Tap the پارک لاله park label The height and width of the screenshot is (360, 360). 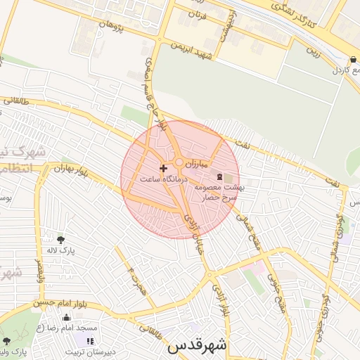coord(62,250)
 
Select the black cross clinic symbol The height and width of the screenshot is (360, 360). coord(164,168)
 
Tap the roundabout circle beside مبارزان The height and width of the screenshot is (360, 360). coord(179,164)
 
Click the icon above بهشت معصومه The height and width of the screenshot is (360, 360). coord(219,176)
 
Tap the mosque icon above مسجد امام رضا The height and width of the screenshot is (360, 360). coord(67,318)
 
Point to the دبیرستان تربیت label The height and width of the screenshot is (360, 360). coord(85,349)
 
